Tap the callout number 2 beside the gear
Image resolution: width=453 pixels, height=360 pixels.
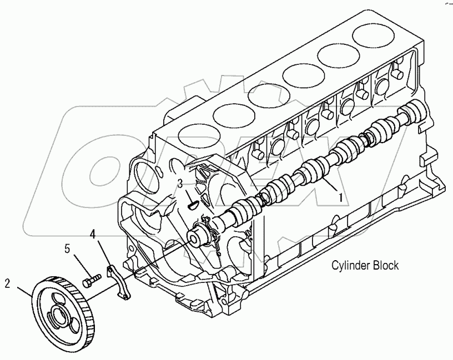click(8, 284)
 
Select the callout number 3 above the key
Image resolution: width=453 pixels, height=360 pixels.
click(180, 182)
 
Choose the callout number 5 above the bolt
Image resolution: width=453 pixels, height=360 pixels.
click(68, 249)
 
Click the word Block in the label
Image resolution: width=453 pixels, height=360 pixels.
click(385, 266)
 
